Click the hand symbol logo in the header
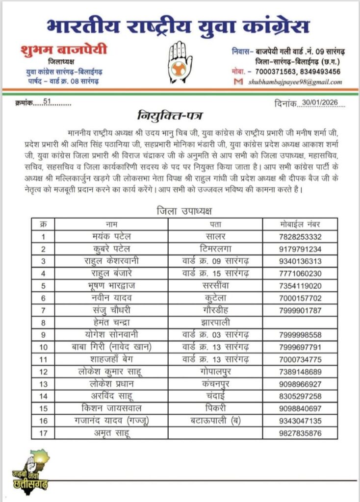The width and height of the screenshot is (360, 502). coord(180,61)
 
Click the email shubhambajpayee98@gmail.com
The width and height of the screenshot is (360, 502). coord(295,82)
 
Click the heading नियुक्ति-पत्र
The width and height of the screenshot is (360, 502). coord(165,117)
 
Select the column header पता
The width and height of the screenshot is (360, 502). coord(216,225)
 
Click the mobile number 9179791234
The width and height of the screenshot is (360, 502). coord(300,249)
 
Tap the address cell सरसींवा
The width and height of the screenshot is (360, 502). coord(216,285)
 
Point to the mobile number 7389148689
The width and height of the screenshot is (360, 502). coord(300,371)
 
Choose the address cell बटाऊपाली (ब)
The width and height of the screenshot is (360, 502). coord(216,420)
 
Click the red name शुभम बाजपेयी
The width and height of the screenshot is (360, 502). coord(64,50)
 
